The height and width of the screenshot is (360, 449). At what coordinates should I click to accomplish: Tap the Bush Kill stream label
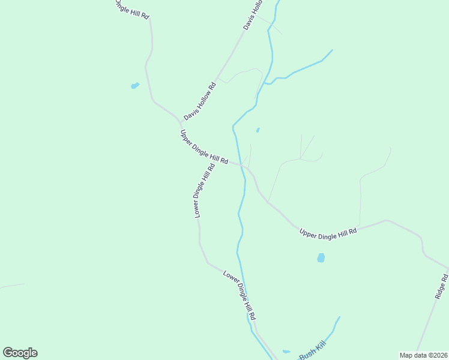tap(312, 350)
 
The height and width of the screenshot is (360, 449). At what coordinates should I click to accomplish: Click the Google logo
tap(20, 353)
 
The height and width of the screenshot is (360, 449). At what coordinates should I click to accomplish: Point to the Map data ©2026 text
tap(423, 355)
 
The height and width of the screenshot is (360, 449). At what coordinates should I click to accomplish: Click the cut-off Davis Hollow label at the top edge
tap(253, 16)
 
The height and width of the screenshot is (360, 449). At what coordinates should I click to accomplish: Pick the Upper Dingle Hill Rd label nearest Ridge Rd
tap(328, 231)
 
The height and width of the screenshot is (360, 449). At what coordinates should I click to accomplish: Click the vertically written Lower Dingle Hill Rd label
tap(204, 191)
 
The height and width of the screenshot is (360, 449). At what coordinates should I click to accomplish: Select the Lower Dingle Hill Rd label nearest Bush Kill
tap(243, 295)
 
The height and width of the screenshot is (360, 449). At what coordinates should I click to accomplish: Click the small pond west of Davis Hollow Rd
tap(135, 86)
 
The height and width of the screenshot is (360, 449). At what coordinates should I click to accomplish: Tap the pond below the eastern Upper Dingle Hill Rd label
tap(321, 258)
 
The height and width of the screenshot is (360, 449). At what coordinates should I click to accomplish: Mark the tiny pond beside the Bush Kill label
tap(286, 352)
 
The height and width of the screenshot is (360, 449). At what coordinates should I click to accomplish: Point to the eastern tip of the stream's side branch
tap(332, 50)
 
